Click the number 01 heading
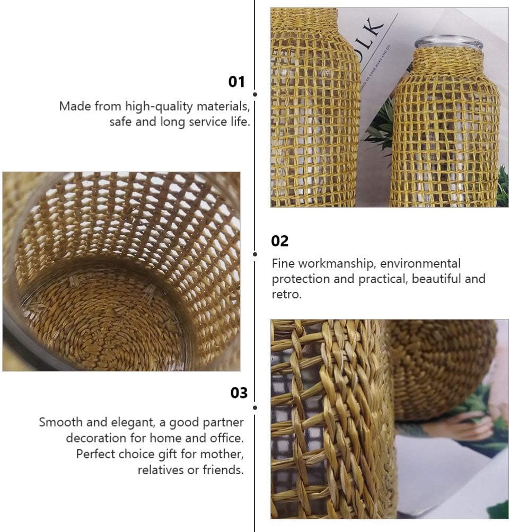[x=236, y=82]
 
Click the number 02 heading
[x=280, y=241]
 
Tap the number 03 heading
[x=239, y=393]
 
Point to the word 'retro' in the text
[x=286, y=294]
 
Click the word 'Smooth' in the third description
[x=61, y=422]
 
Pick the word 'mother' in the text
[x=222, y=454]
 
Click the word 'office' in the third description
[x=226, y=438]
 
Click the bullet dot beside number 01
[x=255, y=94]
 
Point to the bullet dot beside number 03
[x=255, y=407]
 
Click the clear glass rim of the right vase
[x=448, y=41]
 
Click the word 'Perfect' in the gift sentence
[x=95, y=454]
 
